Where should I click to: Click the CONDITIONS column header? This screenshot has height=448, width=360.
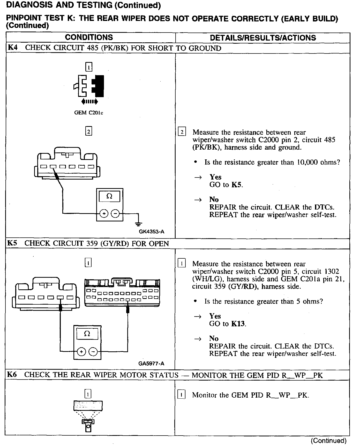coord(89,37)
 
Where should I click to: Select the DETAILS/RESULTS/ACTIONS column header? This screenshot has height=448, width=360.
coord(263,38)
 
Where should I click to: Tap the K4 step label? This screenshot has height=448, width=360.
coord(13,48)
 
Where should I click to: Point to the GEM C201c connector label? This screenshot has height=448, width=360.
coord(88,113)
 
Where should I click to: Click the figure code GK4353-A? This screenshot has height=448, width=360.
coord(151,231)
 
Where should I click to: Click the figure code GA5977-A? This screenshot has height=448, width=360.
coord(151,364)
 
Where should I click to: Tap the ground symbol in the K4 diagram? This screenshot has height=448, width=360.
coord(139,223)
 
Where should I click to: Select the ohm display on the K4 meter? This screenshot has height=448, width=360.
coord(109,196)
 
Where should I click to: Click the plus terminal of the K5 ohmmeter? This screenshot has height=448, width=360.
coord(81,352)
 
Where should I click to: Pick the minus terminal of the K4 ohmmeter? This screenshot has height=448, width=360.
coord(115,214)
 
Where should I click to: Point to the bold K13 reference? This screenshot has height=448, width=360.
coord(238,324)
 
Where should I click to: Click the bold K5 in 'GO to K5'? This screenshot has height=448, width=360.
coord(236,185)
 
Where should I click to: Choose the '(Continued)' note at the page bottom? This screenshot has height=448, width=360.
coord(328,441)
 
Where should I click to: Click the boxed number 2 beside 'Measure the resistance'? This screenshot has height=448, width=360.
coord(182,132)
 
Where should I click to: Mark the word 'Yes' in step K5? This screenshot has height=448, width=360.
coord(215,316)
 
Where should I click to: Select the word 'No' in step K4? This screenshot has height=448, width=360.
coord(214,199)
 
